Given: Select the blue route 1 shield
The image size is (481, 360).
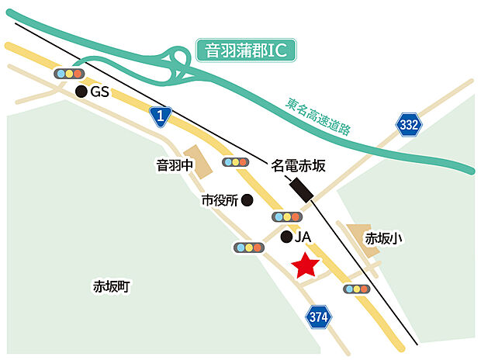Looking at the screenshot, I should pos(159,116).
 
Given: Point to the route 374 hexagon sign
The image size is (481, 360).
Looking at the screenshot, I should pos(317,316).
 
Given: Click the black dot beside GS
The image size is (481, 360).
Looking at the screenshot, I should pos(80,92).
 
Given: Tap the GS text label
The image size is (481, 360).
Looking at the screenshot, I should pos(100,92).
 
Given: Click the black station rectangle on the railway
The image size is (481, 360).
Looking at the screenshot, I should pos(300,189).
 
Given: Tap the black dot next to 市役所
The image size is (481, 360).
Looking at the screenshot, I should pos(247,200).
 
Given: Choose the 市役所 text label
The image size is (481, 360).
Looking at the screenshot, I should pos(218,200).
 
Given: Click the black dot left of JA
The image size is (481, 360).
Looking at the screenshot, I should pos(285,236).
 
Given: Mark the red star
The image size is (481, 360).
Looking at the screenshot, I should pos(306,265).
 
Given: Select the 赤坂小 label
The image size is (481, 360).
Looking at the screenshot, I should pos(384,239).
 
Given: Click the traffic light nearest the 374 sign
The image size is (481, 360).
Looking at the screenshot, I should pos(357,289).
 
